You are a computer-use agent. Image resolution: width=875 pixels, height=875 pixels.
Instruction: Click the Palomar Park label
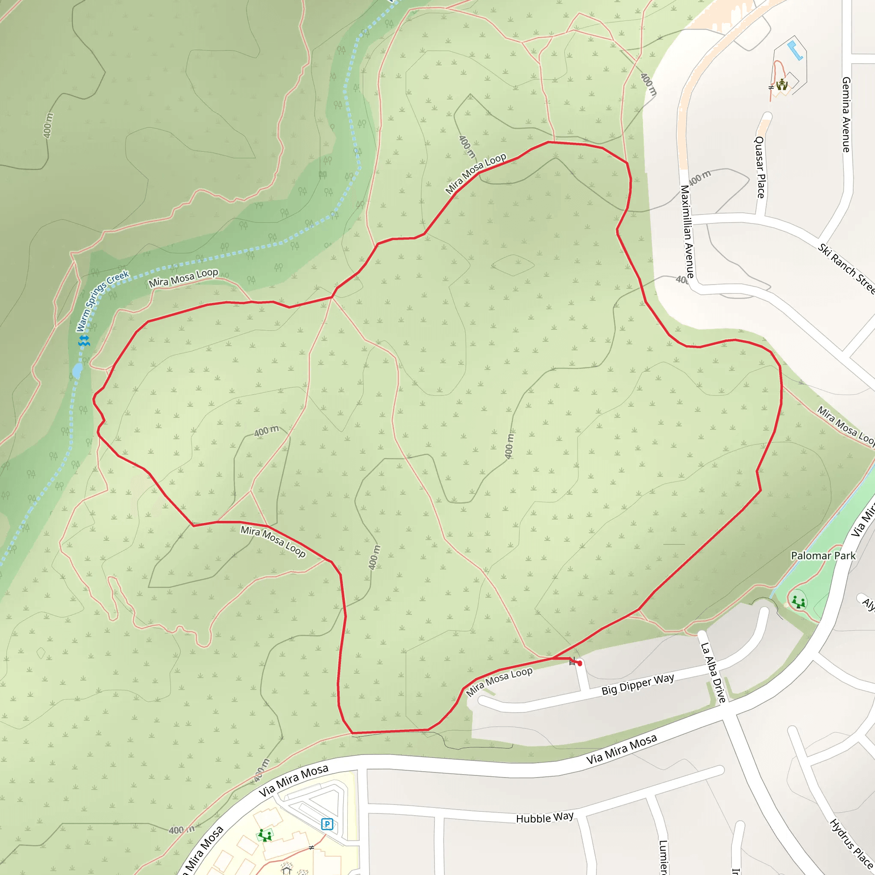823,556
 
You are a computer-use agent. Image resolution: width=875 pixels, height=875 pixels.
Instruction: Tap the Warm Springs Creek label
103,301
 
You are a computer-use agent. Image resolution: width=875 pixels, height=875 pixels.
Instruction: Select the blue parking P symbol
327,824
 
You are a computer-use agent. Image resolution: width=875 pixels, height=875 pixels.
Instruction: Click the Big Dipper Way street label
638,684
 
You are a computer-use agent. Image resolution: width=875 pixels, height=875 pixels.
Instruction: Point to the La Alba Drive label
714,672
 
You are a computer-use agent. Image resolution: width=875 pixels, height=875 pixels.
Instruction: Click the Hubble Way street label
545,817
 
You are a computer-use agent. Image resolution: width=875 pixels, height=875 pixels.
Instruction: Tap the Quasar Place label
760,167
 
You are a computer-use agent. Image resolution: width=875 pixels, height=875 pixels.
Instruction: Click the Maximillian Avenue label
687,231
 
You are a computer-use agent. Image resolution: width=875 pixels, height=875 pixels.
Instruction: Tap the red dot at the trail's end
580,663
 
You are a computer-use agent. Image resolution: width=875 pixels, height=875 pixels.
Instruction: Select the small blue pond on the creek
77,370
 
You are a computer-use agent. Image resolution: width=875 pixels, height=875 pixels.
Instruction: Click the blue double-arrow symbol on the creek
84,341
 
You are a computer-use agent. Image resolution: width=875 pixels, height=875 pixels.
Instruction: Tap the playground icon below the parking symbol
264,835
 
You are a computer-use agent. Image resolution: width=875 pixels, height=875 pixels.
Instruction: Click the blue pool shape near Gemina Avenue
795,50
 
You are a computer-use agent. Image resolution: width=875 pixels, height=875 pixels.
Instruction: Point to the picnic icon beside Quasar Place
782,85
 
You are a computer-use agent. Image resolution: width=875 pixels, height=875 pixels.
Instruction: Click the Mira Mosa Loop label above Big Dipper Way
499,681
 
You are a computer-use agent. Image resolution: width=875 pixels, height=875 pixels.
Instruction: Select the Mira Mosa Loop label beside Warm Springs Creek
183,278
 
